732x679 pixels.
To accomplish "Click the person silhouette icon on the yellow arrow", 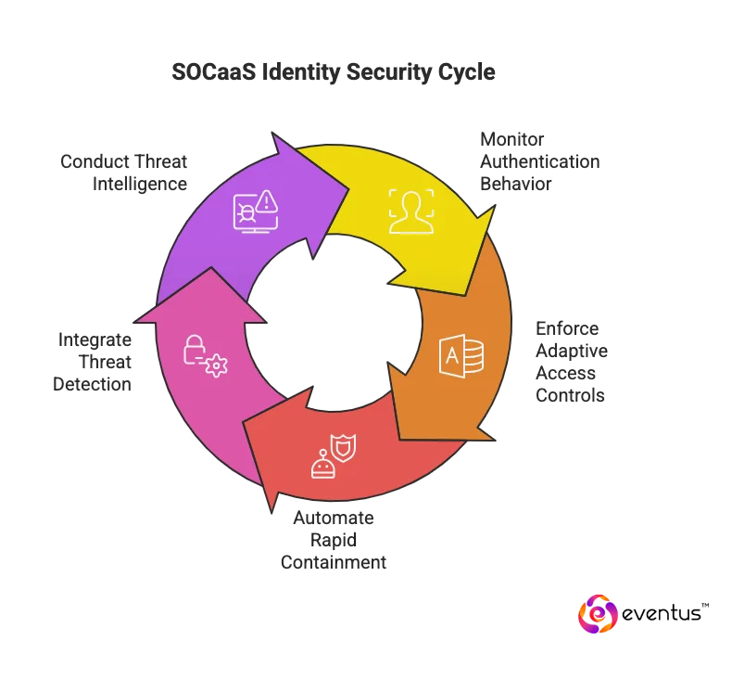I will [x=410, y=211].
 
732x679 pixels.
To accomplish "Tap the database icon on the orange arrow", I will [x=461, y=356].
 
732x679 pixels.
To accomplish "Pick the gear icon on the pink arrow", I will [x=216, y=365].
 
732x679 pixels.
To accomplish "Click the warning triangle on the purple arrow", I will [x=268, y=200].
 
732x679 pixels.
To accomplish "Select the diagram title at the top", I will [x=333, y=71].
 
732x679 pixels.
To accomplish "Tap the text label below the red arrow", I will [x=335, y=541].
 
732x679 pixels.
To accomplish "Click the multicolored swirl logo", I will [x=599, y=615].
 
